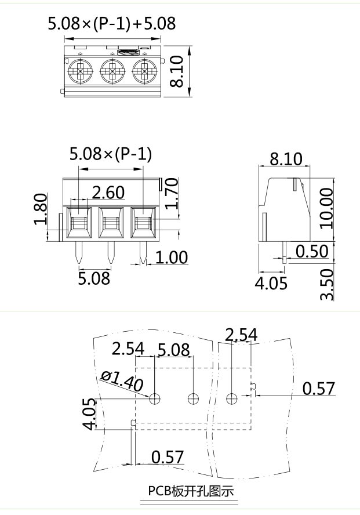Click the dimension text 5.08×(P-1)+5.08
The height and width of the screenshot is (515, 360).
(x=111, y=24)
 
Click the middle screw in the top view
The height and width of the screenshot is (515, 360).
(x=111, y=72)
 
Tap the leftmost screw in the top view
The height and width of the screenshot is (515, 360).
(x=79, y=72)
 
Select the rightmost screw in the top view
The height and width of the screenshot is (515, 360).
(x=143, y=72)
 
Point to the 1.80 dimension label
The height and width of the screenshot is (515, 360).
(x=40, y=210)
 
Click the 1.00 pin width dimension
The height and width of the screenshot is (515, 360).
(x=172, y=257)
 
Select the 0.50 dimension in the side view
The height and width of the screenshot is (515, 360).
(x=312, y=251)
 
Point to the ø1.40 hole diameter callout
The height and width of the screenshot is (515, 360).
(x=122, y=380)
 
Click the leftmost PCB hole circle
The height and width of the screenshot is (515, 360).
(x=155, y=398)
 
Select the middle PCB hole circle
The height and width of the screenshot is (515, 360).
(x=193, y=398)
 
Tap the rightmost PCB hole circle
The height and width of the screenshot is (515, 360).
(x=232, y=398)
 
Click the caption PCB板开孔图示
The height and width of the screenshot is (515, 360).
(x=190, y=491)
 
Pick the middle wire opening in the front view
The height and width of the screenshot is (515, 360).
(x=110, y=222)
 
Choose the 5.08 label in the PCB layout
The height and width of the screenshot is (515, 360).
(x=173, y=350)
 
